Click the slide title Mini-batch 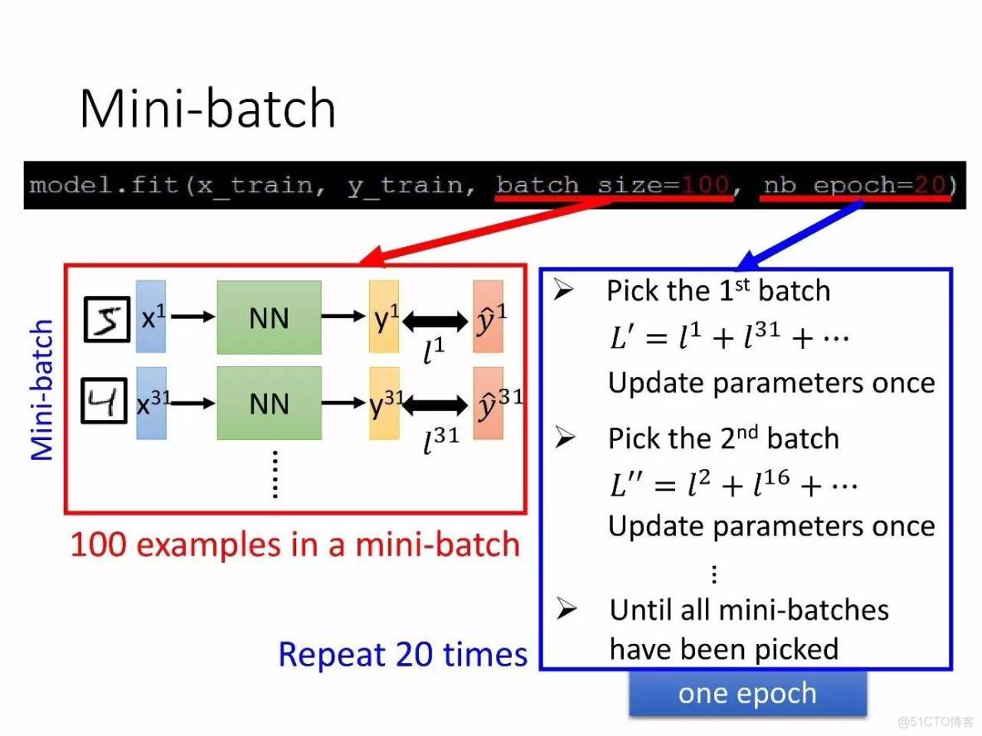pos(207,109)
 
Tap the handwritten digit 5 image pos(107,319)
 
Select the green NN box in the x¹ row pos(269,317)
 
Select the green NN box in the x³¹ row pos(269,404)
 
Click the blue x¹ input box pos(151,317)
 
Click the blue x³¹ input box pos(152,404)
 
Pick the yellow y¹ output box pos(384,317)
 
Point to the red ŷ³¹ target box pos(489,404)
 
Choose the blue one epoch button pos(747,694)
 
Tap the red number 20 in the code pos(930,184)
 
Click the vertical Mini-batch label pos(42,390)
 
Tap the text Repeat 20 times pos(403,654)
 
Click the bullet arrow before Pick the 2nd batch pos(566,438)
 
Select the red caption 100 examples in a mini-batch pos(295,545)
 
